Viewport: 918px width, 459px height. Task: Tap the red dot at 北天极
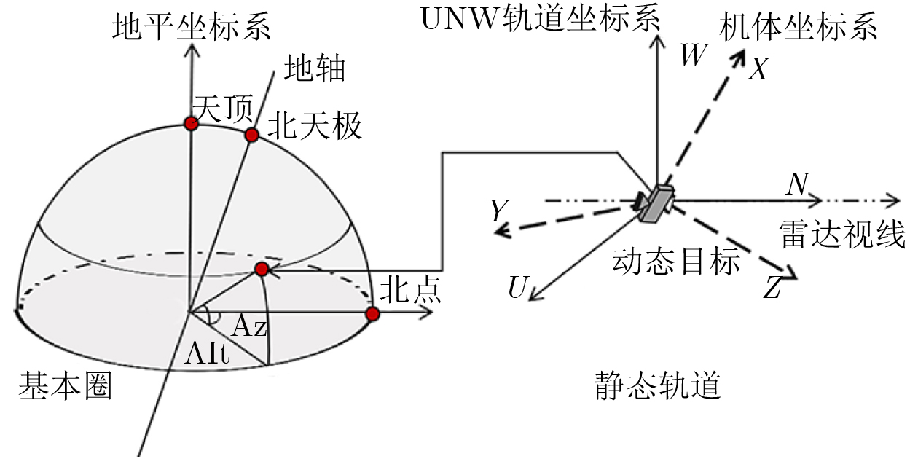click(251, 135)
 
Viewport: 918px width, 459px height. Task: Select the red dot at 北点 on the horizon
click(372, 314)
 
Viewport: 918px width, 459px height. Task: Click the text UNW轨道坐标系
click(541, 20)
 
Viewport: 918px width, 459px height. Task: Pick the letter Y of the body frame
click(498, 212)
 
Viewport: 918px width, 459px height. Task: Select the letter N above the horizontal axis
click(796, 186)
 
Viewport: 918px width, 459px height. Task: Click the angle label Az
click(249, 328)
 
